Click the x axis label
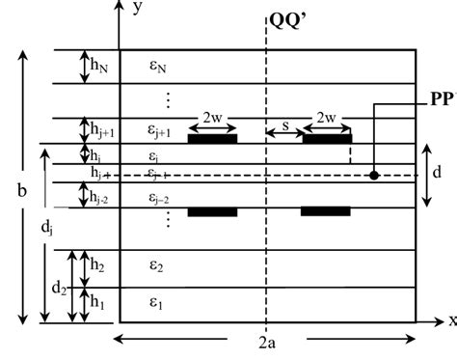[x=450, y=320]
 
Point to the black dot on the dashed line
[x=374, y=176]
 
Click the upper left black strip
[x=211, y=139]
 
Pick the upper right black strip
[x=326, y=139]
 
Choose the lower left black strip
[x=211, y=211]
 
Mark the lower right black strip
[x=325, y=211]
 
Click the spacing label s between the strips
[x=284, y=125]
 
